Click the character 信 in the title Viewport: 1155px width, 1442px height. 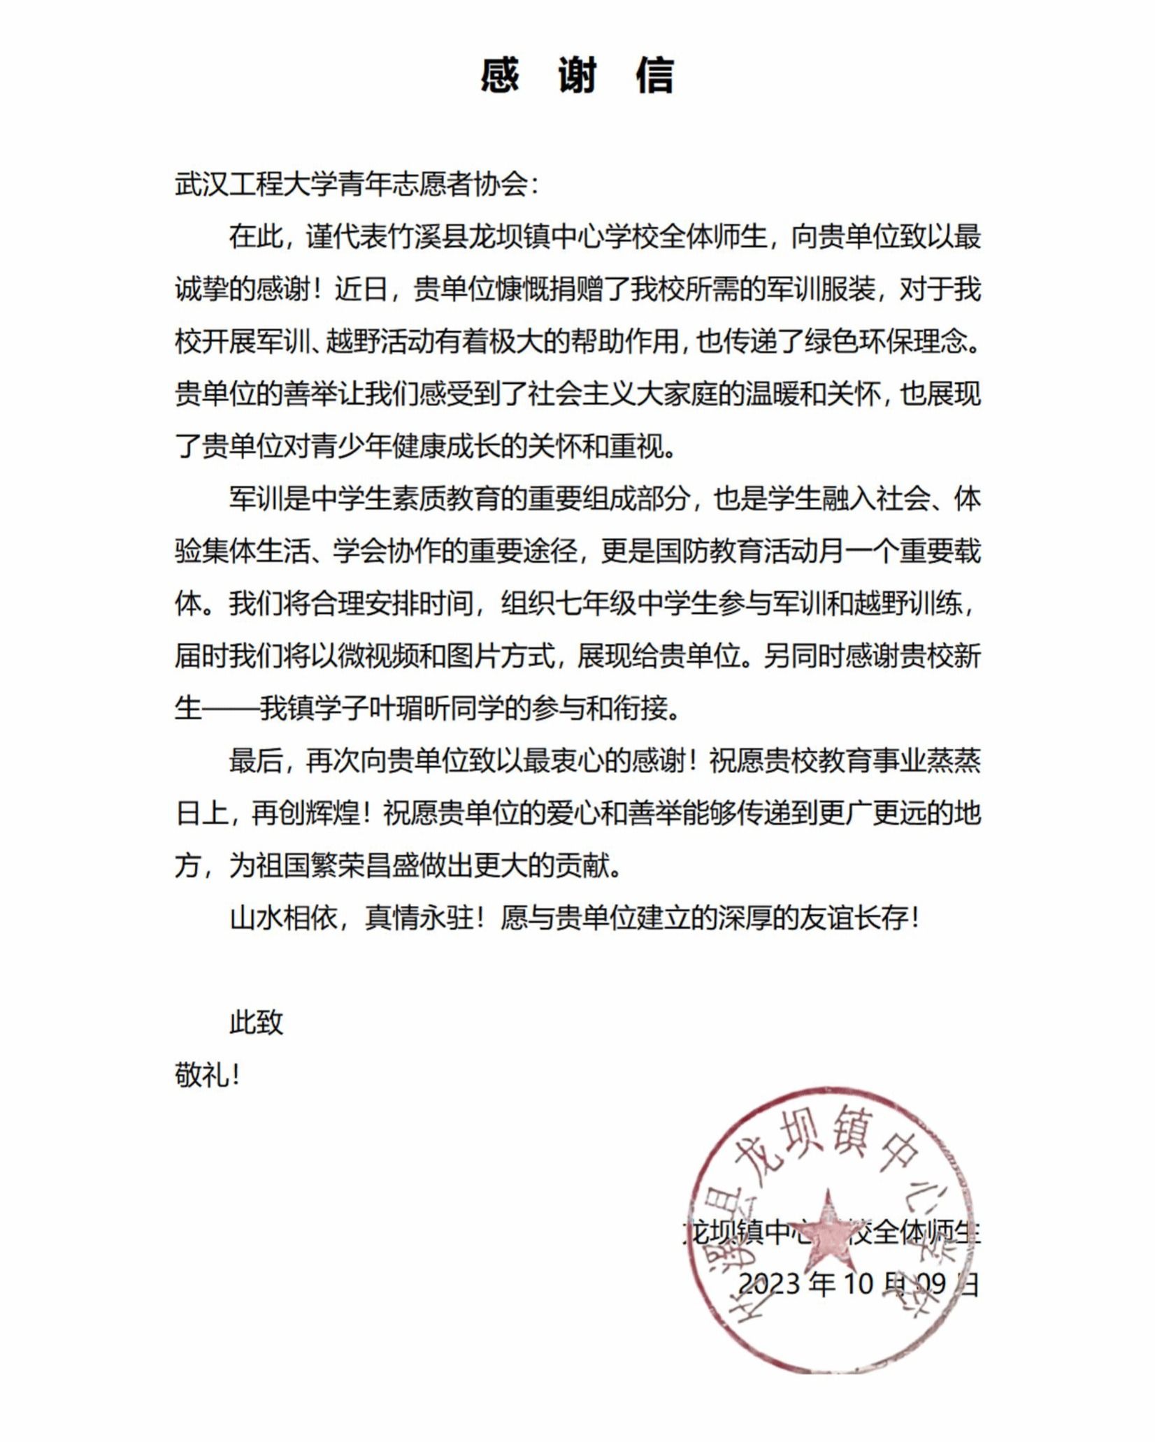[x=654, y=75]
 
